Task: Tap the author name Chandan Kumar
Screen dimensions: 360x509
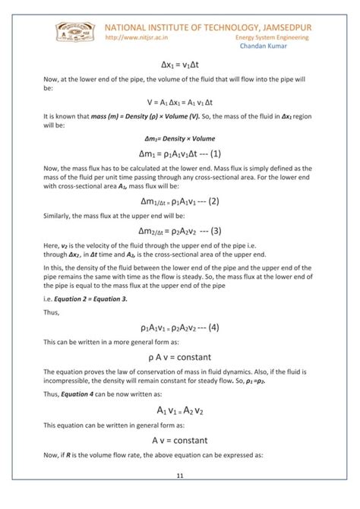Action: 264,47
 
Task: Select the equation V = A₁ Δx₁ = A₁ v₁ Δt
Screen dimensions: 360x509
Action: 180,101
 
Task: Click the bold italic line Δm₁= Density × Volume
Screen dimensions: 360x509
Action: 180,139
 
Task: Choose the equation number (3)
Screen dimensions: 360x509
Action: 212,231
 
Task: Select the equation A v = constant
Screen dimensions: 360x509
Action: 180,440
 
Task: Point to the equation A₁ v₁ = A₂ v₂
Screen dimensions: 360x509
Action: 180,411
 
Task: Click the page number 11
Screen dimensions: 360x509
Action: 180,476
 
